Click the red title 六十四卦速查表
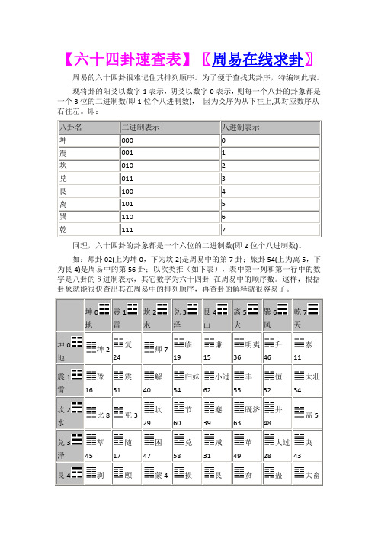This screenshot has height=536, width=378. [129, 58]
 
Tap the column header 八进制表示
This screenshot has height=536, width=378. [240, 126]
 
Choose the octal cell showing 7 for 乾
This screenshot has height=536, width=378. [223, 230]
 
